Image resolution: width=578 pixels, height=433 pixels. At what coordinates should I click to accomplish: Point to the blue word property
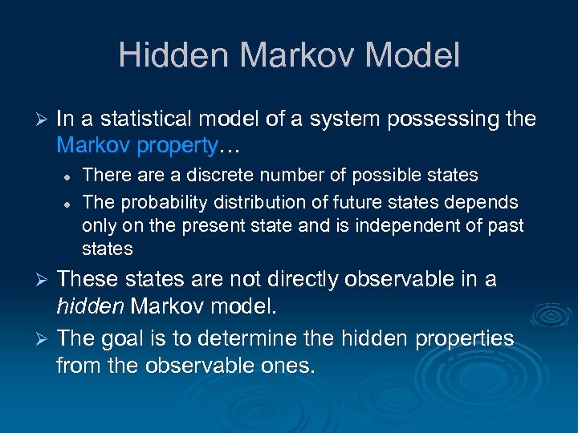tap(181, 145)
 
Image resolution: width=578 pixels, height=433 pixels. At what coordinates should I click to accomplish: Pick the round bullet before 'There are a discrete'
tap(69, 176)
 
